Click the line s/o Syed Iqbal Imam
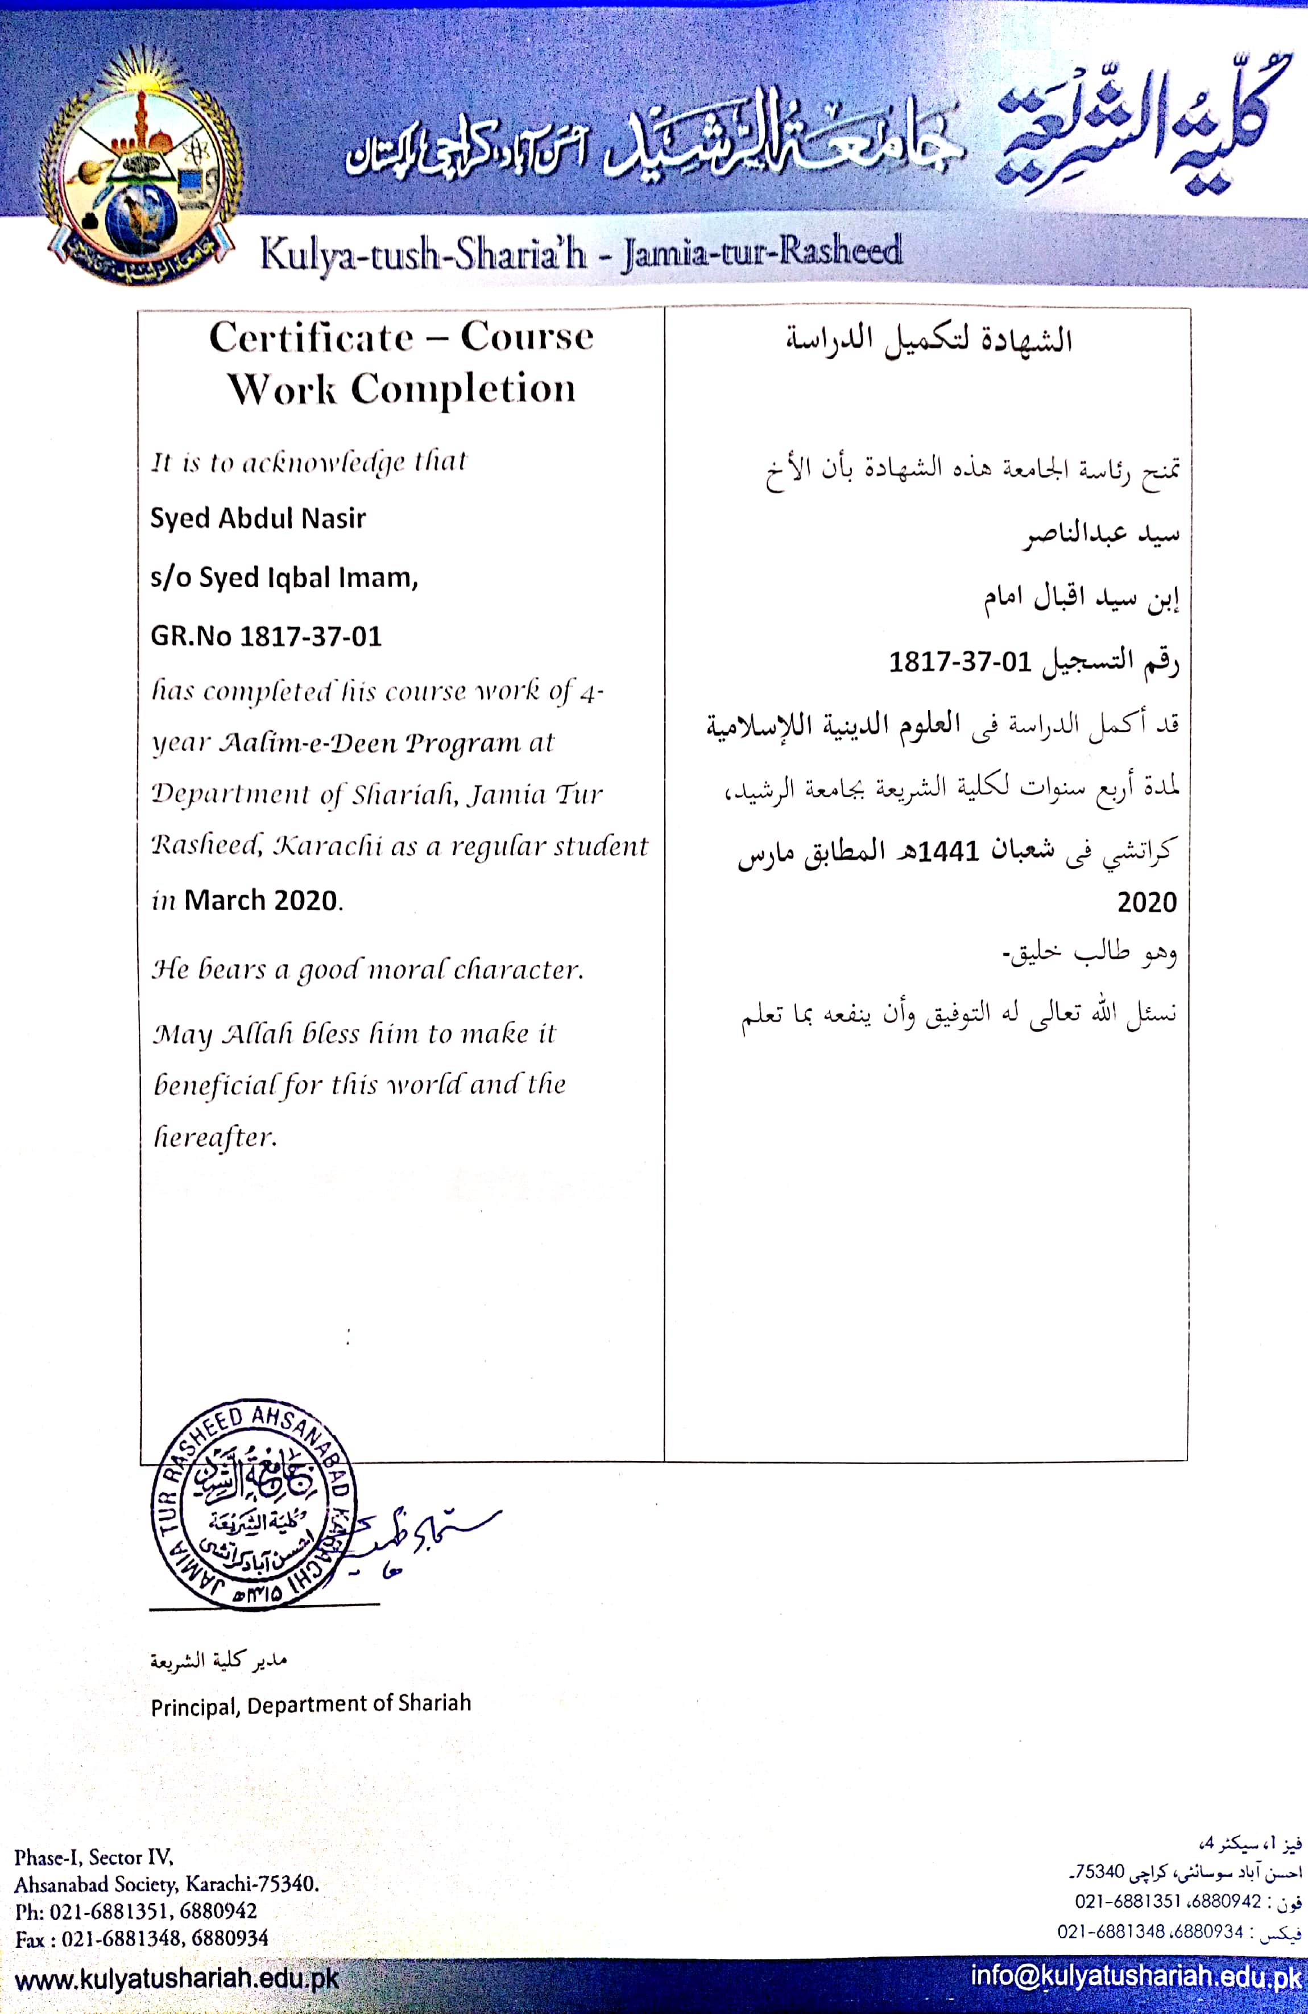click(x=283, y=577)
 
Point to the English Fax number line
click(x=141, y=1938)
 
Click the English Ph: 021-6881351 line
click(x=135, y=1911)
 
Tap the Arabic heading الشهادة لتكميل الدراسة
click(x=928, y=340)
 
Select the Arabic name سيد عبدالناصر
click(x=1100, y=535)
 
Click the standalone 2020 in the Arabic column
click(x=1146, y=902)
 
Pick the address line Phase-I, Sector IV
click(x=94, y=1858)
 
